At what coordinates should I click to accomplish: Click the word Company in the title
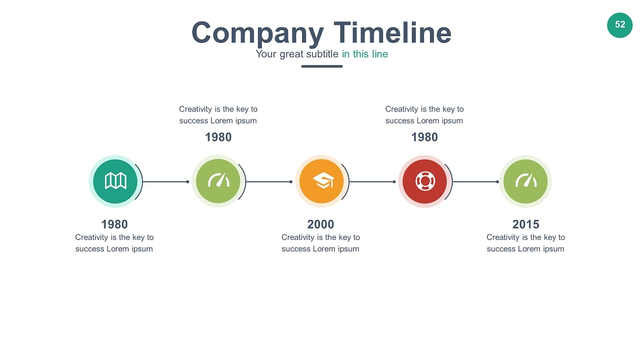[x=257, y=34]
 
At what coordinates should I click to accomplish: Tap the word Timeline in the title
[x=392, y=32]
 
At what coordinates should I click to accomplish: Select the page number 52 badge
[x=620, y=25]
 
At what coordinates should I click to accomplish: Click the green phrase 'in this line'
[x=365, y=54]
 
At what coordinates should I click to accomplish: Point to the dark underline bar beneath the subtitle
[x=322, y=66]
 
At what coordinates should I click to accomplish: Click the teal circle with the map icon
[x=115, y=181]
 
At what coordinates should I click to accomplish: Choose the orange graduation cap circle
[x=321, y=181]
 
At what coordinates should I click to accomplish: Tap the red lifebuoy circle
[x=425, y=181]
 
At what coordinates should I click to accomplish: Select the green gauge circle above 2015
[x=525, y=181]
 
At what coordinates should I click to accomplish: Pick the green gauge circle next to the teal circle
[x=218, y=181]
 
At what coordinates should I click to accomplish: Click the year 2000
[x=321, y=225]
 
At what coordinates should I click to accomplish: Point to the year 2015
[x=526, y=225]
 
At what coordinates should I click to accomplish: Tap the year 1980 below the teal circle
[x=115, y=225]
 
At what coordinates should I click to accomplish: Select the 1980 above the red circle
[x=425, y=137]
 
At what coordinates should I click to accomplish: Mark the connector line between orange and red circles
[x=372, y=182]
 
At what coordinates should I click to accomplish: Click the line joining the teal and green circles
[x=165, y=182]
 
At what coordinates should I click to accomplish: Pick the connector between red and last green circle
[x=476, y=182]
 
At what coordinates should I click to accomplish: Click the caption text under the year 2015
[x=526, y=243]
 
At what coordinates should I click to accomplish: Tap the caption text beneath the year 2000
[x=321, y=243]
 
